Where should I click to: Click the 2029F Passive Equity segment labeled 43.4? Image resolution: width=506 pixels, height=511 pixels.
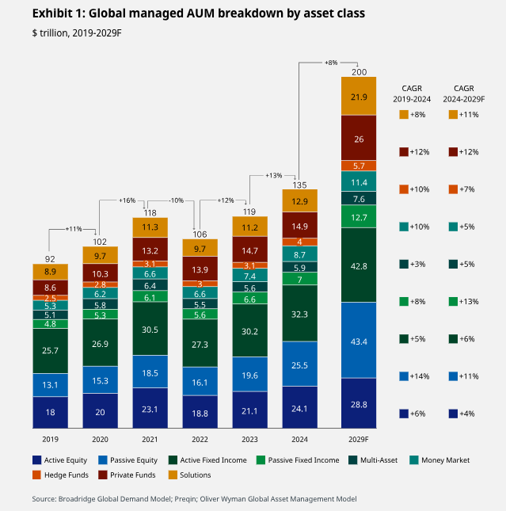pos(359,340)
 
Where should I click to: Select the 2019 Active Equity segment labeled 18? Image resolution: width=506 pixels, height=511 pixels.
pos(49,412)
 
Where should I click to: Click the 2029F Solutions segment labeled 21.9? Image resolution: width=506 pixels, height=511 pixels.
pos(359,97)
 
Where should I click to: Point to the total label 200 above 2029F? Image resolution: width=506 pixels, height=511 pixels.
pos(359,72)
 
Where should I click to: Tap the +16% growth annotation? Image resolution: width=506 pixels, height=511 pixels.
pos(127,200)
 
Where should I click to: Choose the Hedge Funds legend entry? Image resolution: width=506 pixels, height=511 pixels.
pos(67,475)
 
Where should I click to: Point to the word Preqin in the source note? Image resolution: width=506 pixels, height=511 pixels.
pos(200,499)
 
